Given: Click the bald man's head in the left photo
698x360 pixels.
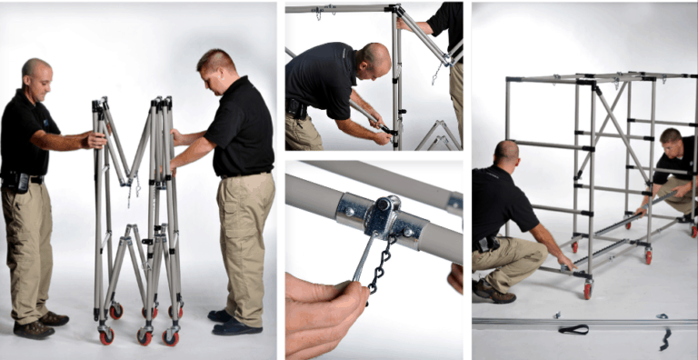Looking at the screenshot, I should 36,75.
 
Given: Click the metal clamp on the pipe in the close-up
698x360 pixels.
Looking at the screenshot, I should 382,217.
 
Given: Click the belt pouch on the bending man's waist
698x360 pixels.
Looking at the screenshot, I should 296,108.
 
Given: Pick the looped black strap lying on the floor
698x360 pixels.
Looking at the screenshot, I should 573,329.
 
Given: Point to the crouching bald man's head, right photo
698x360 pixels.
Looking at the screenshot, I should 507,153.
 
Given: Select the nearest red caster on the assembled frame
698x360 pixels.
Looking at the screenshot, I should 587,291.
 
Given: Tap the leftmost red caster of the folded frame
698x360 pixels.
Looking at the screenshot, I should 106,335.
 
